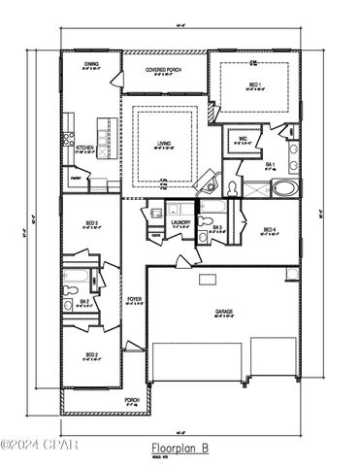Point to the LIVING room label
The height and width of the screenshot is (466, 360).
164,144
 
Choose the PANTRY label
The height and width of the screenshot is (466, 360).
75,178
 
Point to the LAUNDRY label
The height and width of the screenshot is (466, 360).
180,222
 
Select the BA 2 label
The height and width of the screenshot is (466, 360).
85,302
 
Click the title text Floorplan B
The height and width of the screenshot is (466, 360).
181,448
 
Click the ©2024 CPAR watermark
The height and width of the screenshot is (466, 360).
39,446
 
